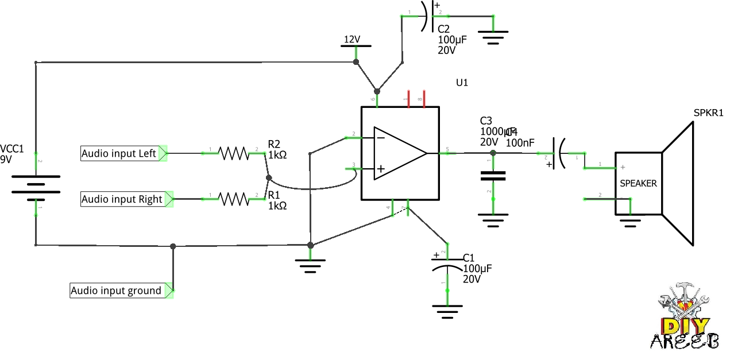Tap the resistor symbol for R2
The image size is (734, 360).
(233, 153)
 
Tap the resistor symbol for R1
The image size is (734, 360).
(233, 199)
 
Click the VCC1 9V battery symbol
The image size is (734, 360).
(36, 185)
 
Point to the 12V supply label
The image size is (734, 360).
(352, 40)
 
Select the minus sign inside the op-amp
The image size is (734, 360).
(380, 138)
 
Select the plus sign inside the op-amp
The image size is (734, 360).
(380, 169)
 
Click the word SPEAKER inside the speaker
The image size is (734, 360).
(638, 184)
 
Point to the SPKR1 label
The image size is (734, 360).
(708, 113)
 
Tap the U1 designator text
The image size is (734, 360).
(462, 83)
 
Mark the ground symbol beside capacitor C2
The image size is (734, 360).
(493, 38)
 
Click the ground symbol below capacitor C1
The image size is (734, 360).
(447, 313)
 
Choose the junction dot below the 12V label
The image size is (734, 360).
(356, 61)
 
